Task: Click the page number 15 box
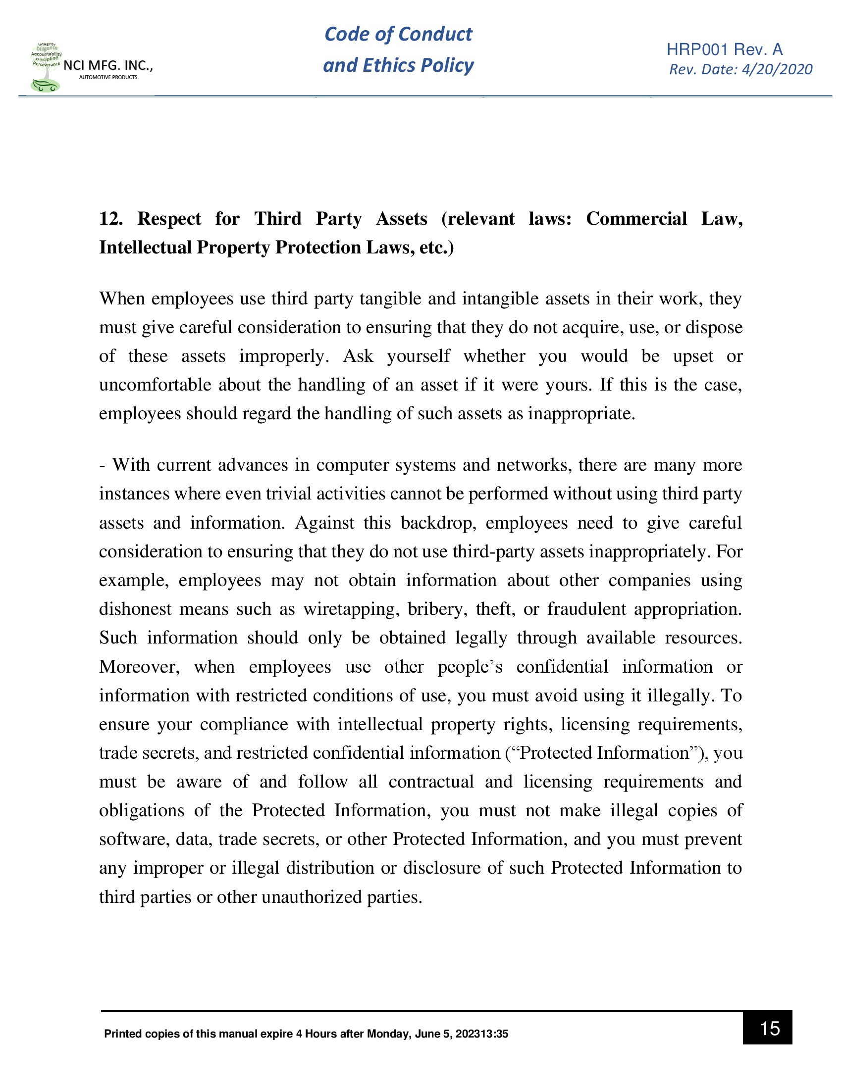coord(767,1028)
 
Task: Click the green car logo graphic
coord(46,85)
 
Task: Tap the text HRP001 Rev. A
coord(724,49)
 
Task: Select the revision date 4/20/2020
coord(777,69)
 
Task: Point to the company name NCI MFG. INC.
coord(108,65)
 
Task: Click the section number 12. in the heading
coord(111,219)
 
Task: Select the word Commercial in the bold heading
coord(636,219)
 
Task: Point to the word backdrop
coord(436,523)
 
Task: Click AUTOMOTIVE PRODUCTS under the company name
coord(108,77)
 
